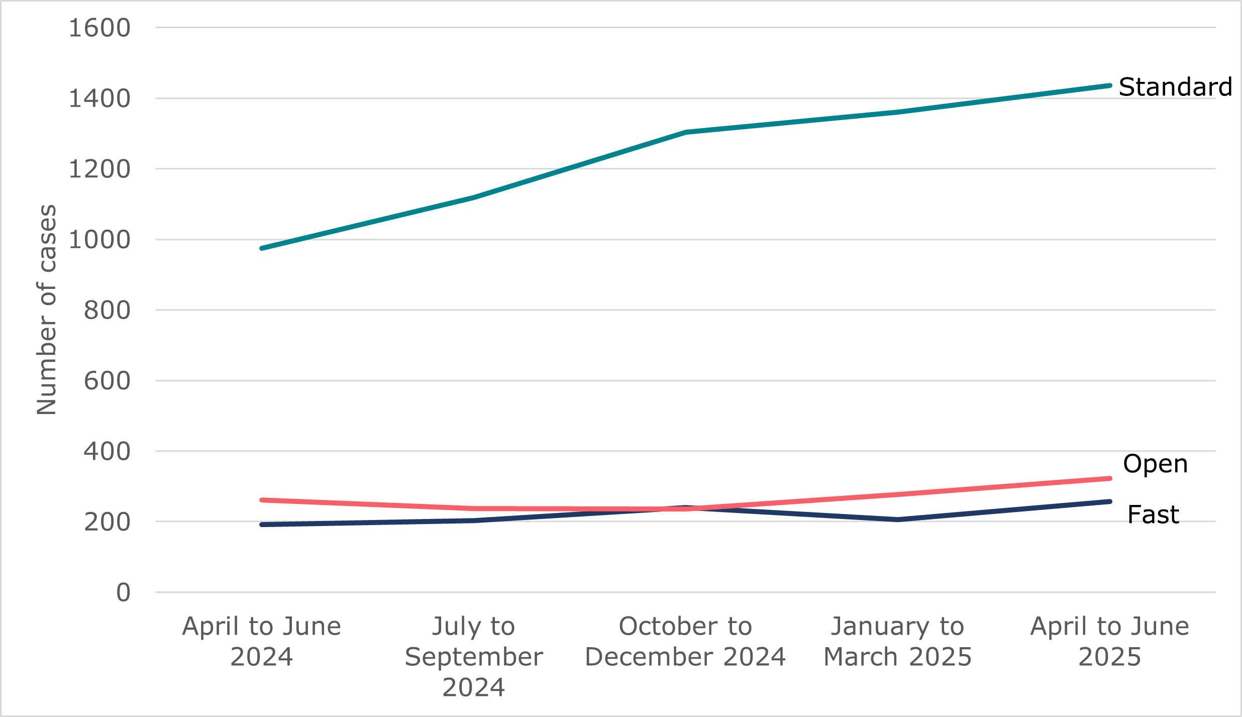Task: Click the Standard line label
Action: (x=1175, y=87)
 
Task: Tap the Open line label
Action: (x=1155, y=464)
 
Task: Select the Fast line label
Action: (x=1153, y=515)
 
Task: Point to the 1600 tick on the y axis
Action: (x=99, y=28)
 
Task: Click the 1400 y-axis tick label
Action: (x=99, y=98)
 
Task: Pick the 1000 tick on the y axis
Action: (x=99, y=240)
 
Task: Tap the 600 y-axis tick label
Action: (x=107, y=381)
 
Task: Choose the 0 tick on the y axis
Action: (x=123, y=592)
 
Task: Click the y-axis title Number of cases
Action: (x=47, y=310)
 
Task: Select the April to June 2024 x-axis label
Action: (x=262, y=641)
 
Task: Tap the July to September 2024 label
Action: (x=474, y=656)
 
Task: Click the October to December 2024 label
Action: (x=685, y=641)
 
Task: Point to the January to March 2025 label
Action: (x=898, y=641)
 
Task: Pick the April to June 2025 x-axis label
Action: (x=1110, y=641)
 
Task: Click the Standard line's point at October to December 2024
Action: (x=686, y=132)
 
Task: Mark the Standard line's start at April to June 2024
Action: (x=262, y=248)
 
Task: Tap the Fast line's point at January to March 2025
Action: (x=898, y=520)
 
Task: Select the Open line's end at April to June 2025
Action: (x=1109, y=478)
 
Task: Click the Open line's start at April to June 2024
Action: (x=262, y=500)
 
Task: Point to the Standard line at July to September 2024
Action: (x=474, y=197)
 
